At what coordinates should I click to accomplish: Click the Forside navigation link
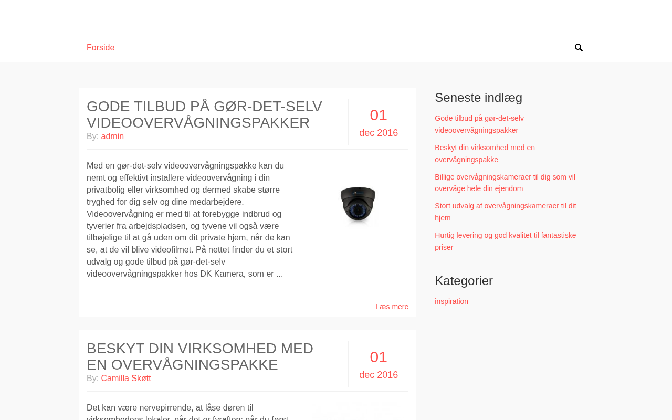(100, 48)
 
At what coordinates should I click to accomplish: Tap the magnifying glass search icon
(579, 48)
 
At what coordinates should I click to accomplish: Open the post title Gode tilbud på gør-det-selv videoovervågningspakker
(204, 114)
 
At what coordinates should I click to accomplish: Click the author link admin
(112, 136)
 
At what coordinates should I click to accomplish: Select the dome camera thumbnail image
(358, 205)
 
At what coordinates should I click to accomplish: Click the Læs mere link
(392, 307)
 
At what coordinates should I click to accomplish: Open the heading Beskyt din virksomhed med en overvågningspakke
(199, 356)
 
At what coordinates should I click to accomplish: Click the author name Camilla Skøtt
(126, 379)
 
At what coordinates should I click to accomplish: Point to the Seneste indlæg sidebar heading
(478, 98)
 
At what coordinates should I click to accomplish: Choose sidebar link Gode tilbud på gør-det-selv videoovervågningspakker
(479, 124)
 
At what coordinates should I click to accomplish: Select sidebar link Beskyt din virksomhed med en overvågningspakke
(485, 153)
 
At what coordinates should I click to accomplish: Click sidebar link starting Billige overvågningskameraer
(505, 183)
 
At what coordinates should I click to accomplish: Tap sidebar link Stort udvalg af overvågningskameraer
(505, 212)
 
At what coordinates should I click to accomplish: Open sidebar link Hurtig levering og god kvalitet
(505, 241)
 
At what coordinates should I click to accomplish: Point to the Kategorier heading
(464, 281)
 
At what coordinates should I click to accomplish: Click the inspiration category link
(451, 301)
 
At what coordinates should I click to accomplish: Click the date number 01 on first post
(379, 115)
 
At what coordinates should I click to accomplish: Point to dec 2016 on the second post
(379, 375)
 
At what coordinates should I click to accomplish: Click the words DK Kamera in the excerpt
(246, 274)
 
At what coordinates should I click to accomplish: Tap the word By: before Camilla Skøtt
(92, 379)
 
